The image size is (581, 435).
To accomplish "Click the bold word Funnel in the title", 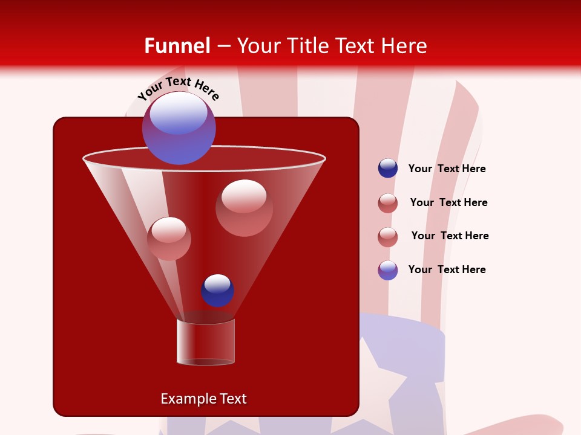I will (x=177, y=46).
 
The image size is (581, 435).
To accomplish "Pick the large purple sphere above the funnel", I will (x=179, y=127).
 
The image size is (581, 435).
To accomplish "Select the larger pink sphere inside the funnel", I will (x=244, y=207).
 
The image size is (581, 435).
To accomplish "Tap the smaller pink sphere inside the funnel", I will (x=169, y=238).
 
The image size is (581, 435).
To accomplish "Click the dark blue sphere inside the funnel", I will (x=217, y=290).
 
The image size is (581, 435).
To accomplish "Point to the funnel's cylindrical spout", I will (x=206, y=342).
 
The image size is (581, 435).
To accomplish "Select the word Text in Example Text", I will (x=232, y=399).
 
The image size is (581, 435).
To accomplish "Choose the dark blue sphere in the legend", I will (x=388, y=169).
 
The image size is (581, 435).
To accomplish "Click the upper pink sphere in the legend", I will (x=388, y=203).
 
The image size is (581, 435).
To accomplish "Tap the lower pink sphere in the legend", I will (x=388, y=236).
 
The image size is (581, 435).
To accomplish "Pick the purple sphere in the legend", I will (x=388, y=270).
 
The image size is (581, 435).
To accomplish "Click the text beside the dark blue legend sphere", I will (x=447, y=169).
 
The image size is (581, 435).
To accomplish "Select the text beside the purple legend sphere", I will (x=447, y=270).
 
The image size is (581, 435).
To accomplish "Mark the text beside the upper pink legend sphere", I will (x=448, y=203).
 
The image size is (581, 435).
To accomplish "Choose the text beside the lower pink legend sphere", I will (x=450, y=236).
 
